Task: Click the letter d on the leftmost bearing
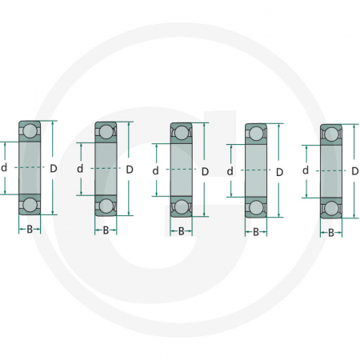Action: [x=5, y=167]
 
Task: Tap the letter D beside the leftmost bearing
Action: [x=54, y=168]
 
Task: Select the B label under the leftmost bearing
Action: [x=30, y=230]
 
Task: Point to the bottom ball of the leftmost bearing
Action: [x=30, y=205]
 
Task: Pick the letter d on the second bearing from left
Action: [x=80, y=169]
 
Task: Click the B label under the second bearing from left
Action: [x=106, y=230]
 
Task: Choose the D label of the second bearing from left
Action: [x=130, y=169]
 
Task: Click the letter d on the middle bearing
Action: [x=155, y=170]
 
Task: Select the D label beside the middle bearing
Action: [x=205, y=171]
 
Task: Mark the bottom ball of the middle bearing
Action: [x=181, y=207]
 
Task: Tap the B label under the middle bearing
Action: [x=181, y=232]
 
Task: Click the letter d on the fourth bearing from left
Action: [x=230, y=171]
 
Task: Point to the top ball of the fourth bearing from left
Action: [x=256, y=134]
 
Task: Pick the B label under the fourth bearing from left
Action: [x=256, y=233]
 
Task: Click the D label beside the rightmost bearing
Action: [x=355, y=171]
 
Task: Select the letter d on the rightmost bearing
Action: [x=306, y=170]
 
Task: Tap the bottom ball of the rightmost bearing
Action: [x=331, y=208]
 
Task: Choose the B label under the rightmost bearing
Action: [x=331, y=234]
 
